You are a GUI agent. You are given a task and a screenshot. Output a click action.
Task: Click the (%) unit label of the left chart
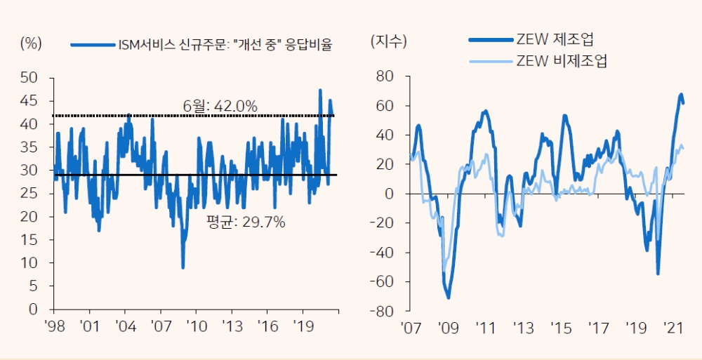click(32, 43)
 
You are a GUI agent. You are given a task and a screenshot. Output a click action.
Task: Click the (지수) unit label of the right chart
click(388, 41)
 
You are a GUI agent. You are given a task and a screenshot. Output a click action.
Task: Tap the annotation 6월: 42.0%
click(220, 106)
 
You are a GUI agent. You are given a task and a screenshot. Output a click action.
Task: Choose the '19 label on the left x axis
click(303, 326)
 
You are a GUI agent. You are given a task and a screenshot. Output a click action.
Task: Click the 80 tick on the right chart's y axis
click(386, 76)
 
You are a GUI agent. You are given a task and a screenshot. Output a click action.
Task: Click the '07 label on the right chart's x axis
click(410, 328)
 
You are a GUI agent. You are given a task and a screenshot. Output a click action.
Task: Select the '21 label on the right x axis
click(674, 328)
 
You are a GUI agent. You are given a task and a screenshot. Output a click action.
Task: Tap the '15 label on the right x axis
click(561, 328)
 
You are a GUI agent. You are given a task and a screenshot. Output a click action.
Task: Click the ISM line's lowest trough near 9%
click(183, 267)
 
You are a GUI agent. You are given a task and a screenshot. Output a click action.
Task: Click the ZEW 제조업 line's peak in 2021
click(681, 94)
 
